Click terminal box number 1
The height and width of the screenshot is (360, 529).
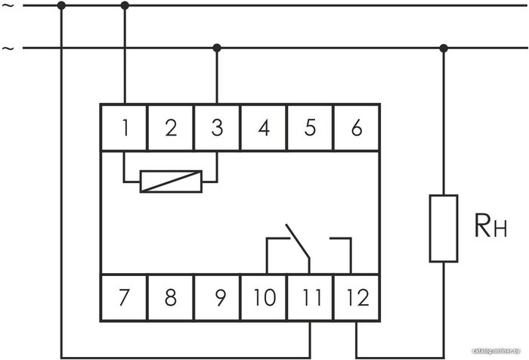tap(124, 128)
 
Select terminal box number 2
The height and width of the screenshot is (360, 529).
tap(171, 128)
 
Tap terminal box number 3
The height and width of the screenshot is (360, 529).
tap(217, 128)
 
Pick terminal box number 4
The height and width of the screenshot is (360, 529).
tap(264, 128)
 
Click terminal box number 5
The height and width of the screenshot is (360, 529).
tap(310, 128)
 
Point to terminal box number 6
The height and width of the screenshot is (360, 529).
tap(357, 128)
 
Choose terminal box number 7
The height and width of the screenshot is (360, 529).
tap(124, 297)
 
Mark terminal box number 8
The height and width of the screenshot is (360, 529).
tap(171, 297)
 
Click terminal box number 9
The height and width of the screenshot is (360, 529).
tap(217, 297)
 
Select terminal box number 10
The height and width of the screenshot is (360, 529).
tap(264, 297)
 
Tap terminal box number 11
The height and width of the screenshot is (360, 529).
tap(310, 297)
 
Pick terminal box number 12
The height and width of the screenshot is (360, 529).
tap(357, 297)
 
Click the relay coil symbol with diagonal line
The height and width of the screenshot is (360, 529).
tap(171, 182)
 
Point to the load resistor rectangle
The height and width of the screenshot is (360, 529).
tap(444, 228)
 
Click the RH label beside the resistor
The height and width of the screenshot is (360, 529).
tap(490, 225)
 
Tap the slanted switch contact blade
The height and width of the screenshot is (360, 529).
tap(298, 241)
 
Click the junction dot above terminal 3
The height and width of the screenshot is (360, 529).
tap(217, 48)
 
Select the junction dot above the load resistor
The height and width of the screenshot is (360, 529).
tap(444, 48)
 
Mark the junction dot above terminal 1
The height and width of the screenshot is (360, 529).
tap(125, 5)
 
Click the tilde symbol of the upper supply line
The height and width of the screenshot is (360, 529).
tap(8, 6)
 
